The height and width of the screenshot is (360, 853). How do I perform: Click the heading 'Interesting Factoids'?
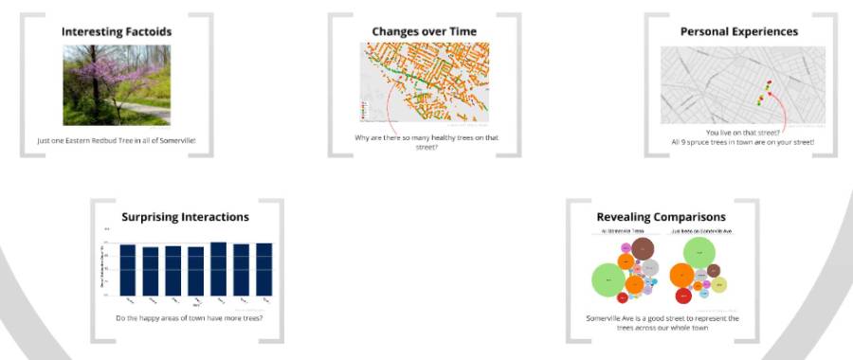point(117,31)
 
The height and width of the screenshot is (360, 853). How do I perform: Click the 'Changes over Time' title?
point(424,31)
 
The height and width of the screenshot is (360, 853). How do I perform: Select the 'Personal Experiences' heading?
point(738,31)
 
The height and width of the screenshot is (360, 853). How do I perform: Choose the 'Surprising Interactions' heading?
point(185,217)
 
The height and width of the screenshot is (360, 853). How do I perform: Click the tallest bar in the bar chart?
point(218,269)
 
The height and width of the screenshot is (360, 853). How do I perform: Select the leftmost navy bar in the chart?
point(127,270)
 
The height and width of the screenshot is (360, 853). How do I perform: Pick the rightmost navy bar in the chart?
point(263,270)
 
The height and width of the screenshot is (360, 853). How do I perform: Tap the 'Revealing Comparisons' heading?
point(661,217)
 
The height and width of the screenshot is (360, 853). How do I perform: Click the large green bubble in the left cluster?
point(609,280)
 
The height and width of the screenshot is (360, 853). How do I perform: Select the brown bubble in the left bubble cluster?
point(644,248)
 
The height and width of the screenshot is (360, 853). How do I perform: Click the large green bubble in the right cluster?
point(700,251)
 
